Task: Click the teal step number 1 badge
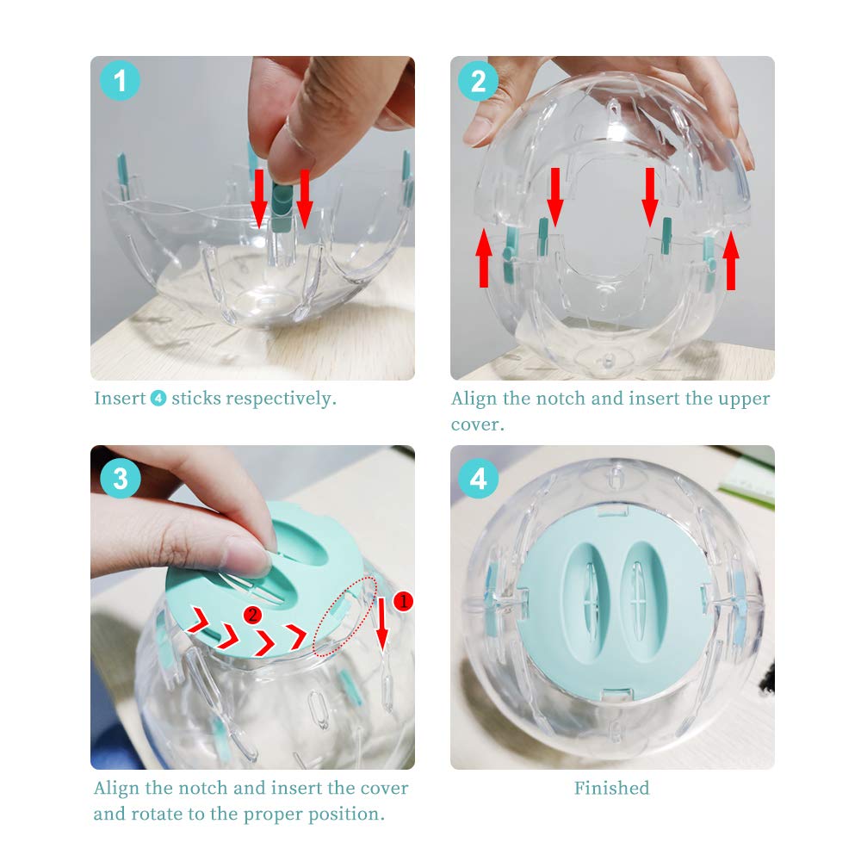120,81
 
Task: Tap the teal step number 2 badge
478,81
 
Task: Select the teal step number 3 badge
121,478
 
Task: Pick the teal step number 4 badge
478,478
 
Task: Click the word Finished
611,788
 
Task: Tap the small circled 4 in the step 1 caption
158,398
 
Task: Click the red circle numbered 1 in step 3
403,601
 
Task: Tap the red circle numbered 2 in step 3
252,615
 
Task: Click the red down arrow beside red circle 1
381,623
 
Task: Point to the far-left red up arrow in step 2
484,257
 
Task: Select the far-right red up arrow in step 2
731,260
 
